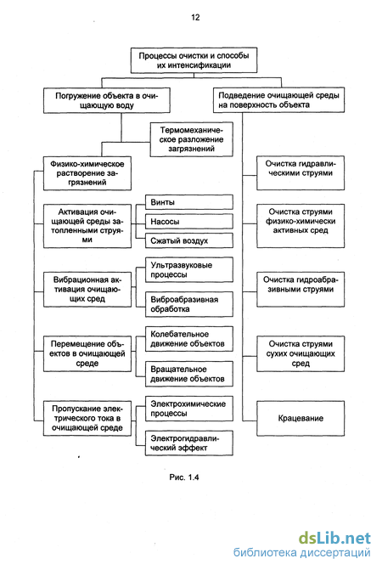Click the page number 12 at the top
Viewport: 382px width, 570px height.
(195, 17)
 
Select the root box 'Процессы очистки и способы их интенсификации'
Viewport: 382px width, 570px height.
(194, 60)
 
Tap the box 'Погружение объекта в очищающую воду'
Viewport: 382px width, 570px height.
(107, 100)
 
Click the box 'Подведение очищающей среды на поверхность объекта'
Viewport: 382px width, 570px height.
(279, 100)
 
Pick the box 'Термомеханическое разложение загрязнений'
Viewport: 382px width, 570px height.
(192, 139)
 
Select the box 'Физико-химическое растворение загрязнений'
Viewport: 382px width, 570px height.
(87, 173)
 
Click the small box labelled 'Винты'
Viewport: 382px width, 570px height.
(189, 202)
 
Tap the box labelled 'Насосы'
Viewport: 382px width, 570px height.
(189, 222)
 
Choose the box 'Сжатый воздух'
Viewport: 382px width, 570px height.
(189, 240)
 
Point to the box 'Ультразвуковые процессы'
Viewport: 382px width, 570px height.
(189, 270)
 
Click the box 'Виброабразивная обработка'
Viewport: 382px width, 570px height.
(189, 304)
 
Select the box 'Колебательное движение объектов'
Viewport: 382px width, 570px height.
(189, 339)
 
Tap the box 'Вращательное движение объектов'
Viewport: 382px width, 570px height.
(189, 374)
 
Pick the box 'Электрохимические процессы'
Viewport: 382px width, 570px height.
(189, 409)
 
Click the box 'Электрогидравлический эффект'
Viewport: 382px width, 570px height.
(189, 443)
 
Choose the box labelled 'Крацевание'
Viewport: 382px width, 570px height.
(301, 419)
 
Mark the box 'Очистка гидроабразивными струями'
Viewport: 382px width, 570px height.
(301, 290)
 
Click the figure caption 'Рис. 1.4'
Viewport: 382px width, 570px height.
(184, 477)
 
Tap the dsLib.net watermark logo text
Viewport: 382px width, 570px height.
(334, 538)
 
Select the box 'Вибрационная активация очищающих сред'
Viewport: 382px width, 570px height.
(87, 290)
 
